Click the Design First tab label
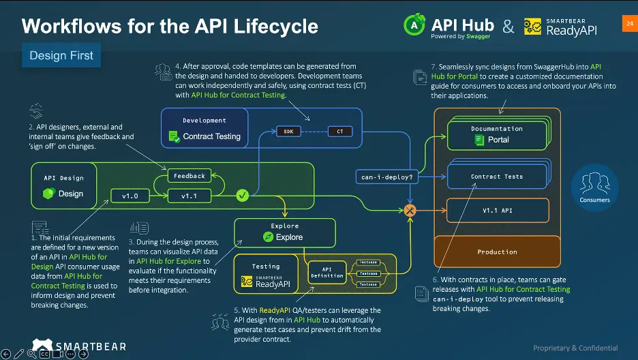tap(61, 55)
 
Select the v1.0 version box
tap(130, 196)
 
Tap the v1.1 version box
tap(189, 196)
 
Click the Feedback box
tap(189, 176)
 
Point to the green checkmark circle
tap(242, 196)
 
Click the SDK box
tap(288, 131)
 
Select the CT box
tap(340, 131)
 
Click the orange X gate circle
tap(410, 211)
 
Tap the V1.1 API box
tap(497, 211)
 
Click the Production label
tap(497, 252)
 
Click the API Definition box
tap(327, 272)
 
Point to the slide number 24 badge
tap(628, 24)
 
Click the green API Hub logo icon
tap(414, 25)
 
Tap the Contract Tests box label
tap(497, 177)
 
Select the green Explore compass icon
tap(269, 237)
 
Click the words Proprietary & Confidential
tap(575, 348)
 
